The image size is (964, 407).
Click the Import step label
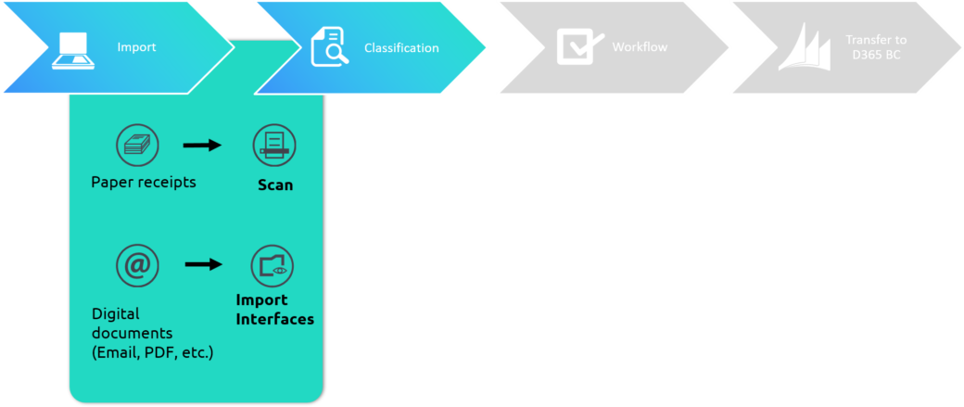pyautogui.click(x=136, y=46)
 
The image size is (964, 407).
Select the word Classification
pyautogui.click(x=401, y=48)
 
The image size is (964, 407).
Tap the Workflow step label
pyautogui.click(x=640, y=46)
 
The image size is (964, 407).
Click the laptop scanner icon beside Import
pyautogui.click(x=73, y=50)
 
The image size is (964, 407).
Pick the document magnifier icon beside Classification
pyautogui.click(x=330, y=47)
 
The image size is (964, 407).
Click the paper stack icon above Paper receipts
pyautogui.click(x=138, y=146)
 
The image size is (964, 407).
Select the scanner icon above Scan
pyautogui.click(x=274, y=146)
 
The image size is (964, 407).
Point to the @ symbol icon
pyautogui.click(x=138, y=265)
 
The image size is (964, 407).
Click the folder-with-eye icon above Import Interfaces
pyautogui.click(x=273, y=265)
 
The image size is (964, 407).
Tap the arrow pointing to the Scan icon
pyautogui.click(x=202, y=146)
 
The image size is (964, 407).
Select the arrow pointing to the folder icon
pyautogui.click(x=204, y=264)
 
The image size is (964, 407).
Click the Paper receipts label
pyautogui.click(x=144, y=183)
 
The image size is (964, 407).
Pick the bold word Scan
pyautogui.click(x=274, y=184)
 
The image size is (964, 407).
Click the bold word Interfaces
pyautogui.click(x=275, y=320)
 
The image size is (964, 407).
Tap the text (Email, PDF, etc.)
pyautogui.click(x=152, y=353)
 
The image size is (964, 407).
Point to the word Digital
pyautogui.click(x=116, y=314)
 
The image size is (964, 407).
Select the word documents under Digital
pyautogui.click(x=133, y=334)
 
